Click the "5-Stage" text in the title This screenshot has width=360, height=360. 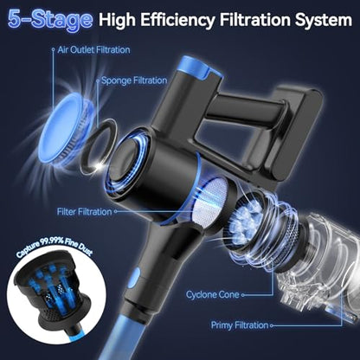(50, 20)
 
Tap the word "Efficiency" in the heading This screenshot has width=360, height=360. (178, 20)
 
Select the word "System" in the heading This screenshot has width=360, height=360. (323, 20)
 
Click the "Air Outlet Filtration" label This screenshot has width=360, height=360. (93, 50)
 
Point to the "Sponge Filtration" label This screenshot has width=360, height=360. (134, 80)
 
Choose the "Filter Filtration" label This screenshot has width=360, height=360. (84, 212)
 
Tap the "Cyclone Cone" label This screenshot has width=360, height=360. (213, 295)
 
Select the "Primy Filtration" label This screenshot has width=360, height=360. (240, 325)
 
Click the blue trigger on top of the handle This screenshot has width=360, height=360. (197, 67)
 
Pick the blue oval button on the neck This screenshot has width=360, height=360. (134, 278)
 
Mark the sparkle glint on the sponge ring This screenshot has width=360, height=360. (100, 165)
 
